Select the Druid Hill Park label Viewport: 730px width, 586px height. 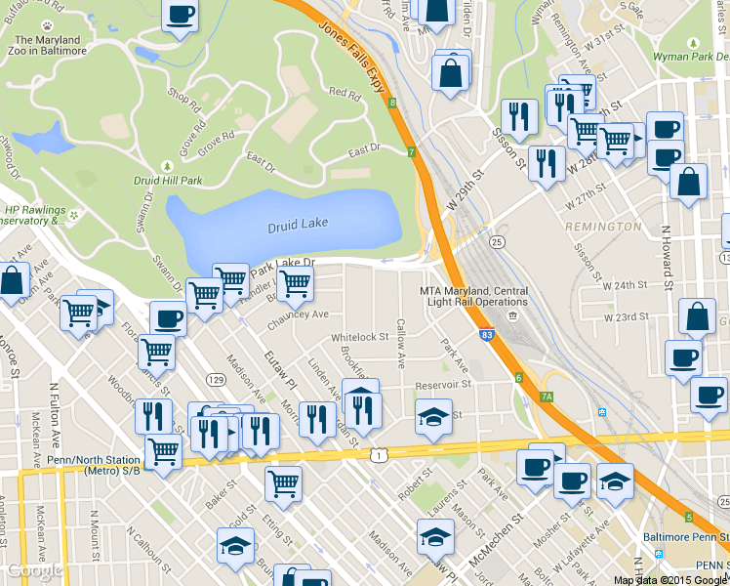point(168,180)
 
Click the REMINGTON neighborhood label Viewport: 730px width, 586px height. point(610,227)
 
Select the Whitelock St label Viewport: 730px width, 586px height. point(359,337)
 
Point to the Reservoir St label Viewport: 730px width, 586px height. point(443,385)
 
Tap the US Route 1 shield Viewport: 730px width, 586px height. point(377,455)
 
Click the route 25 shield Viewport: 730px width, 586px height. point(497,241)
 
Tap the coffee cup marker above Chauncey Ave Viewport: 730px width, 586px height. point(168,319)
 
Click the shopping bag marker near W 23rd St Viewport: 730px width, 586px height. point(698,317)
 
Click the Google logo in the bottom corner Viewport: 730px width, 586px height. point(34,570)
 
